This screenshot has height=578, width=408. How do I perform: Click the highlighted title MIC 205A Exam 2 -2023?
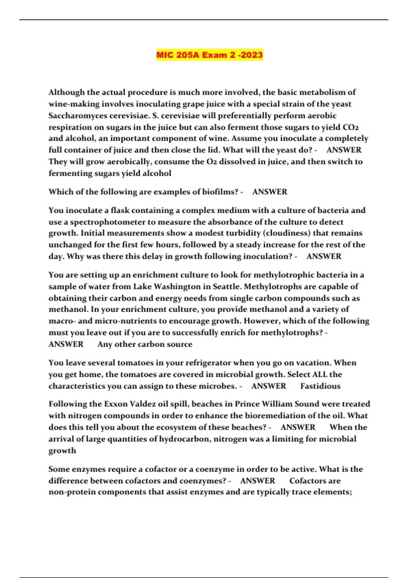(x=209, y=55)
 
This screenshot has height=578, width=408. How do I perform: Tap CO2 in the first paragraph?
(x=351, y=127)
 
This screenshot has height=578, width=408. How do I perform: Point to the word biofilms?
(x=220, y=192)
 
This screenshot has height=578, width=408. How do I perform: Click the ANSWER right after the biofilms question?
(x=270, y=192)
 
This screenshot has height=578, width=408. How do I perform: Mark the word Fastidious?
(x=320, y=386)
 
